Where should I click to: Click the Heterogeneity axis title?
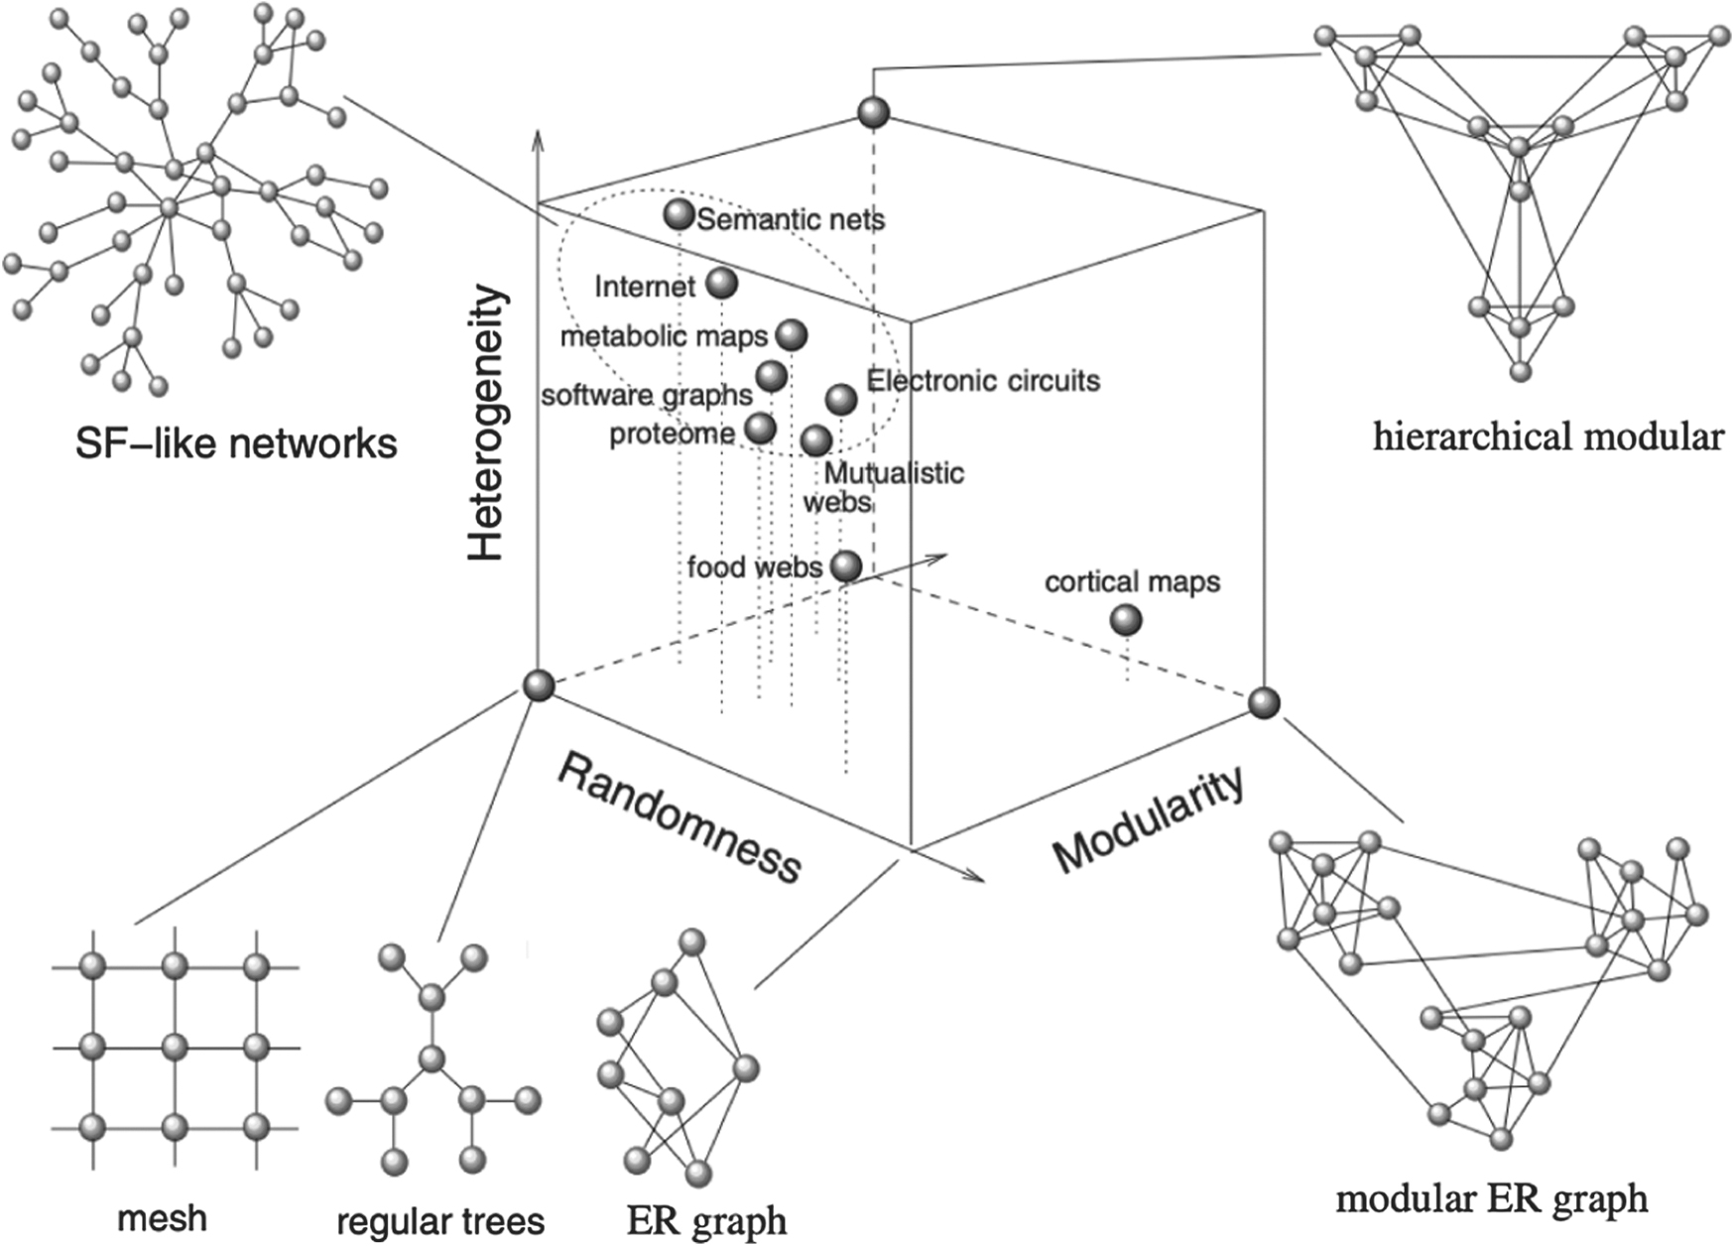tap(487, 424)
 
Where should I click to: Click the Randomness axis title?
tap(679, 817)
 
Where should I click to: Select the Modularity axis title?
tap(1148, 819)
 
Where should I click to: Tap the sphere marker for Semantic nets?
tap(679, 214)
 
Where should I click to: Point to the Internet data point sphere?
tap(722, 284)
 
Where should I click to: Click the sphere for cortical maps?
tap(1125, 621)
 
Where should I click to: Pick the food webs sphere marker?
tap(845, 565)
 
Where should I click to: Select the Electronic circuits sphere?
tap(841, 399)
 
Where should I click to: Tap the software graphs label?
tap(647, 395)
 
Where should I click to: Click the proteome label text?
tap(672, 433)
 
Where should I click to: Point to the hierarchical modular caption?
tap(1548, 436)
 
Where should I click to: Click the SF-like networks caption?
tap(236, 443)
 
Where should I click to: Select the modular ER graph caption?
tap(1491, 1198)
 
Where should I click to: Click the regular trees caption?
tap(440, 1220)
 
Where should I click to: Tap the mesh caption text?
tap(162, 1217)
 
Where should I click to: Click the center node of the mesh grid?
tap(175, 1046)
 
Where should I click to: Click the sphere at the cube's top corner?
tap(873, 113)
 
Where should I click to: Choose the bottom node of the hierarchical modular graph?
tap(1520, 372)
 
